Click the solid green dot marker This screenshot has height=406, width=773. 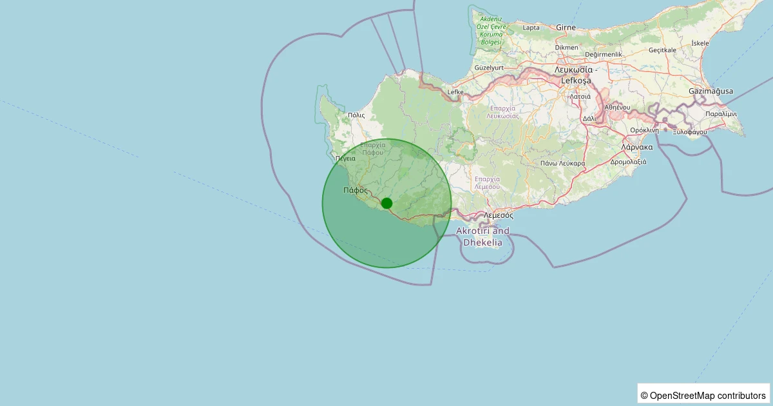click(x=386, y=203)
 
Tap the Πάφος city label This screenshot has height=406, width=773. click(x=355, y=190)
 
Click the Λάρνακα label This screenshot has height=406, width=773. click(x=637, y=147)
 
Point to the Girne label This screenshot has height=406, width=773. click(x=566, y=28)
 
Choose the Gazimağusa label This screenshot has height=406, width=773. click(x=711, y=92)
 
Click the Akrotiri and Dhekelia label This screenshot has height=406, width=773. click(x=482, y=237)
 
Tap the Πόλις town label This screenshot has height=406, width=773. click(x=356, y=115)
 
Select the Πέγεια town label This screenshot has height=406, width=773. click(x=345, y=158)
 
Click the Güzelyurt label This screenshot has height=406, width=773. click(x=488, y=68)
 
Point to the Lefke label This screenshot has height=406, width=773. click(x=455, y=92)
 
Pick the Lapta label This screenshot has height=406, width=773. click(x=531, y=28)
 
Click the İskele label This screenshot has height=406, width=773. click(x=700, y=43)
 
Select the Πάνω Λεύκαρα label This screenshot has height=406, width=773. click(x=563, y=163)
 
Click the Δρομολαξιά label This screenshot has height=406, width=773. click(x=628, y=162)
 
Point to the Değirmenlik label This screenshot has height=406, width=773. click(x=604, y=55)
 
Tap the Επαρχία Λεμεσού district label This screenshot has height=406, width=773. click(x=487, y=182)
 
